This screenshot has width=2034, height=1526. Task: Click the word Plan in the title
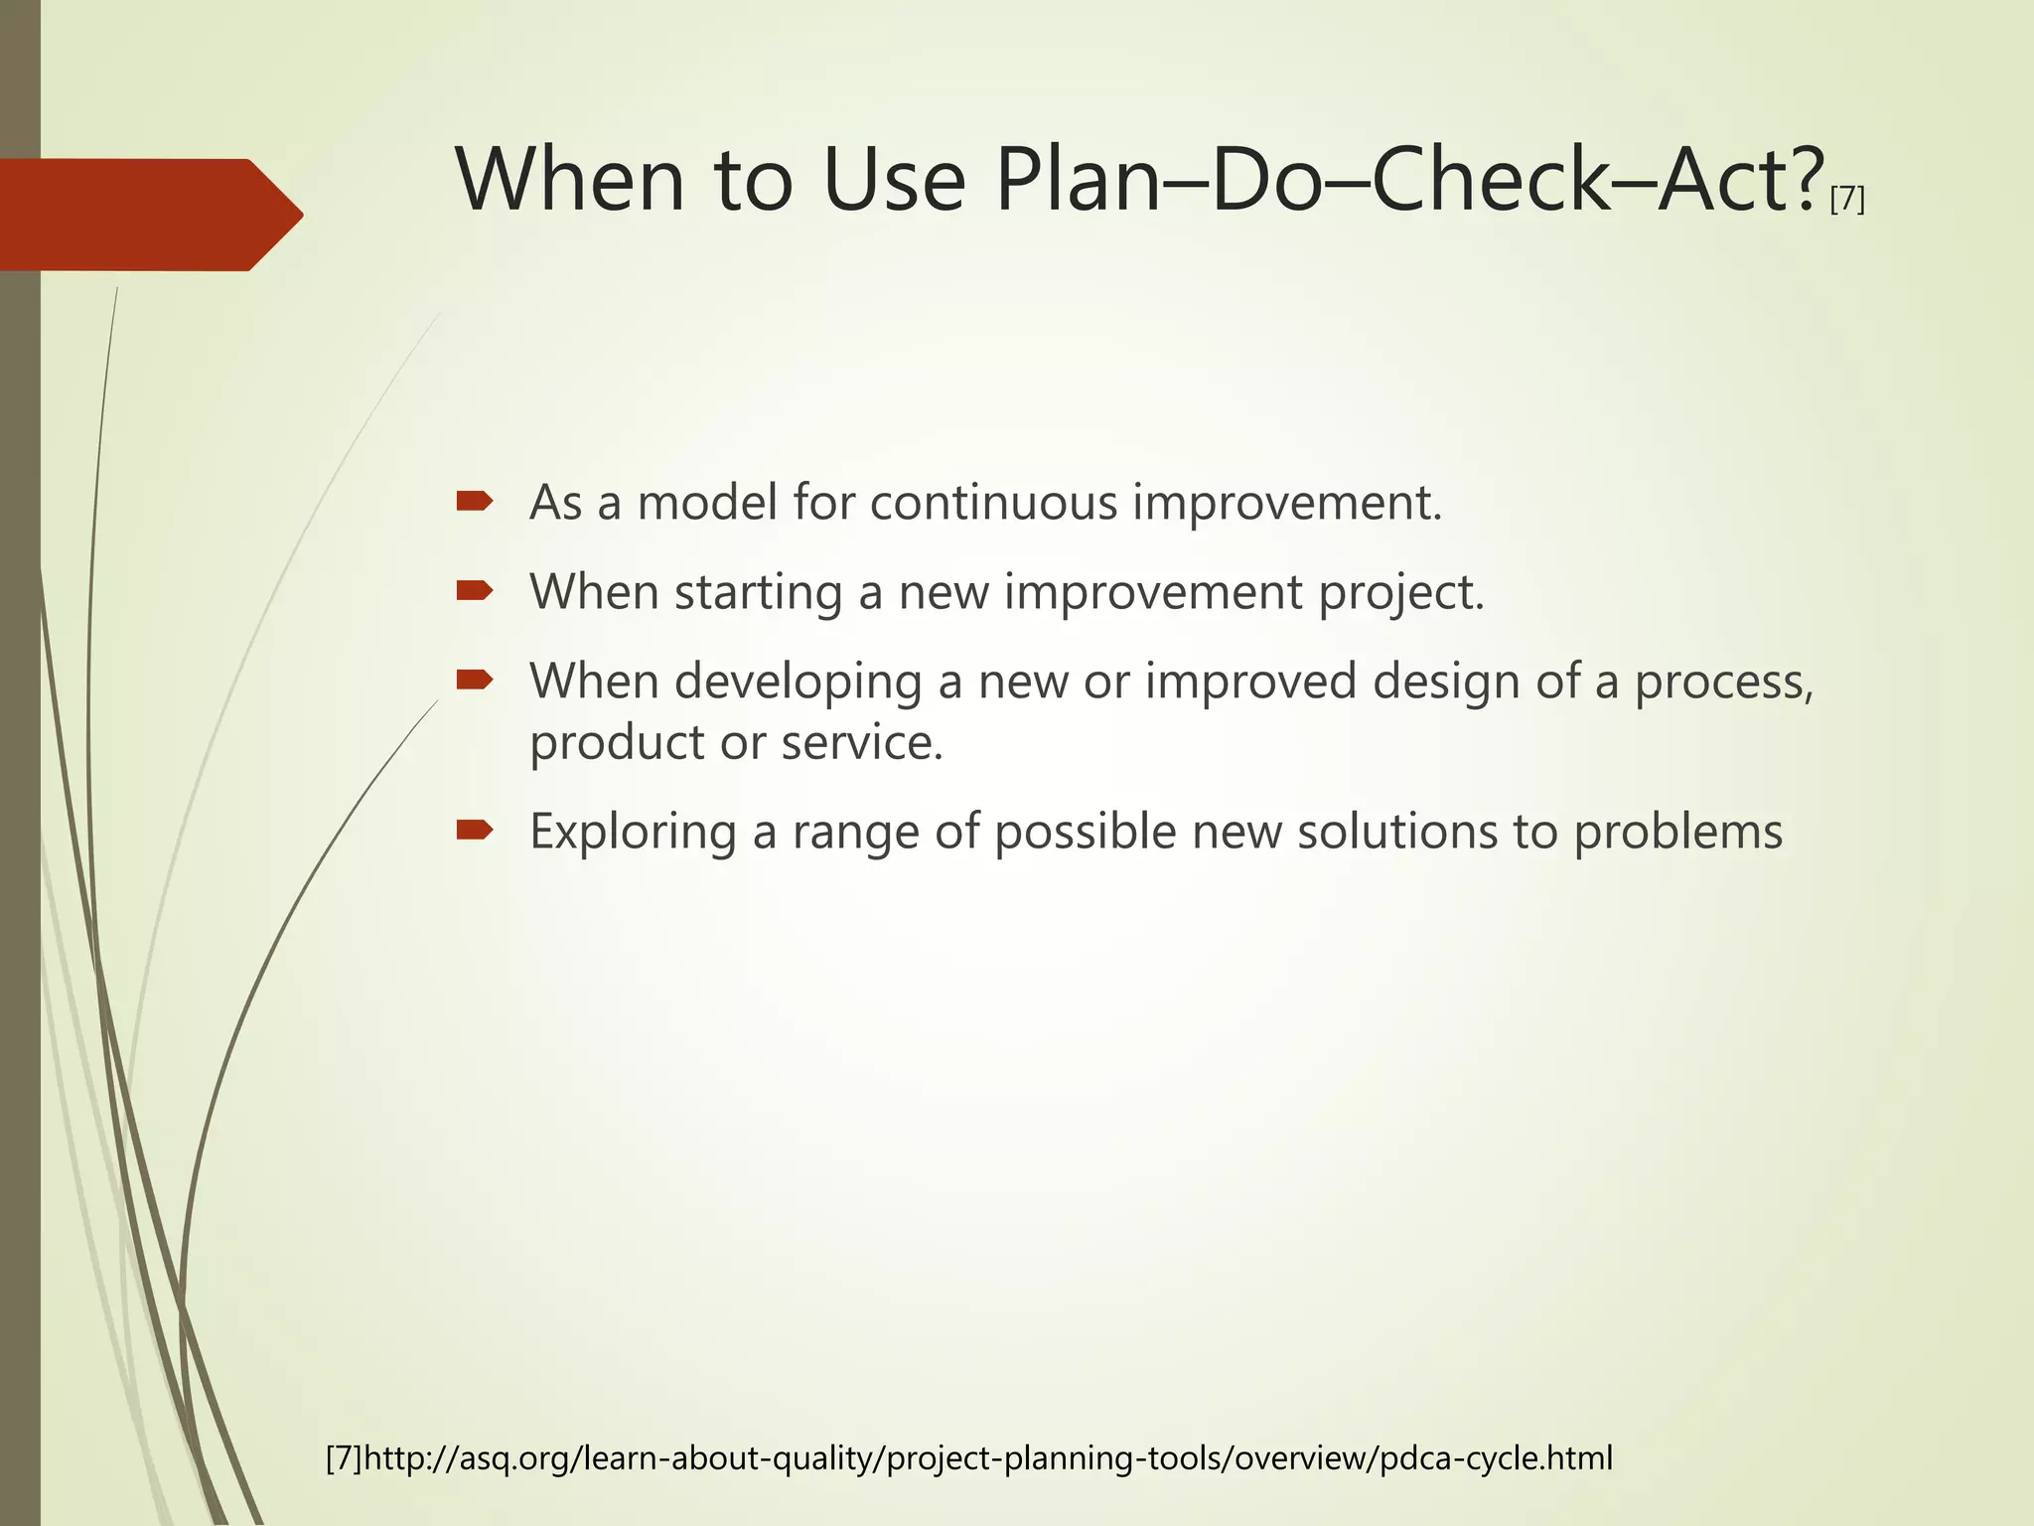pyautogui.click(x=1077, y=181)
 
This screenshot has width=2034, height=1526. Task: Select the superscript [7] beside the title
pyautogui.click(x=1846, y=200)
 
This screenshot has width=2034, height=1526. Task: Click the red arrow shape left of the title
pyautogui.click(x=149, y=215)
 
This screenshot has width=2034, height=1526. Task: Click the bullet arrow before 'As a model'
pyautogui.click(x=475, y=502)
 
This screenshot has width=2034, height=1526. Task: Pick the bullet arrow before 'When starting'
pyautogui.click(x=475, y=591)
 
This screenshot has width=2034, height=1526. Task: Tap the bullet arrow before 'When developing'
pyautogui.click(x=475, y=681)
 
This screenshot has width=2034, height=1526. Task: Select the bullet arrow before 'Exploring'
pyautogui.click(x=475, y=830)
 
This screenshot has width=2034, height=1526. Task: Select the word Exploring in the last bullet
pyautogui.click(x=633, y=833)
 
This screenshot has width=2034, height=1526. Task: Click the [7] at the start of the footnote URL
pyautogui.click(x=345, y=1458)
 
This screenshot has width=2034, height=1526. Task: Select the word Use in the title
pyautogui.click(x=894, y=181)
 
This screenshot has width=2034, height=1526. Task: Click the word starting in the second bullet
pyautogui.click(x=758, y=593)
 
